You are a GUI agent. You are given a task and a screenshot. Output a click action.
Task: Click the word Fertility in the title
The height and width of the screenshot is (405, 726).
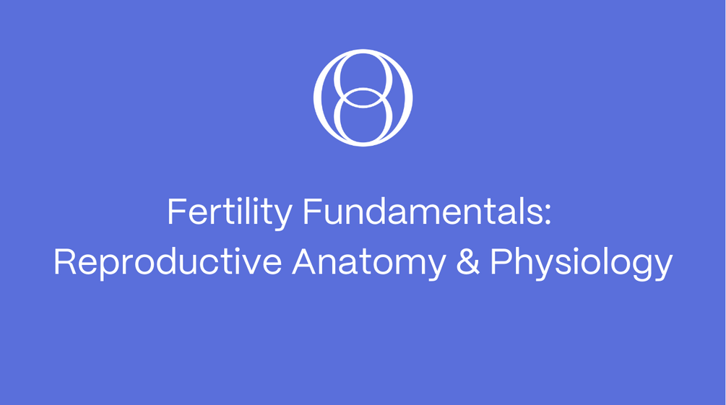point(230,212)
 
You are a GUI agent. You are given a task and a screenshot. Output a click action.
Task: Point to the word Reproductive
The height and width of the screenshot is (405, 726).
point(168,261)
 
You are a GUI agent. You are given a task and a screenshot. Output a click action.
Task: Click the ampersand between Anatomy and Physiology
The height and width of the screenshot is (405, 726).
point(467,261)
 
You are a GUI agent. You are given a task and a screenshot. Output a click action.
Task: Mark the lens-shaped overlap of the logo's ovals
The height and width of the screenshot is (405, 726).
point(363,97)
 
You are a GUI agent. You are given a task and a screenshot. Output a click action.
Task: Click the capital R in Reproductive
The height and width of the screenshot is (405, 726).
point(64,261)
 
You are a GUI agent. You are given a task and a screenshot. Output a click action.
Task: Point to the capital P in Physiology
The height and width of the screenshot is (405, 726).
point(501,261)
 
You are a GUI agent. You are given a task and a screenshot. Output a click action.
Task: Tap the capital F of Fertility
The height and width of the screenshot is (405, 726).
point(176,212)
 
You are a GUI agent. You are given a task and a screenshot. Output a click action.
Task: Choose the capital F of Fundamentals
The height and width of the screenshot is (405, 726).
point(312,212)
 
